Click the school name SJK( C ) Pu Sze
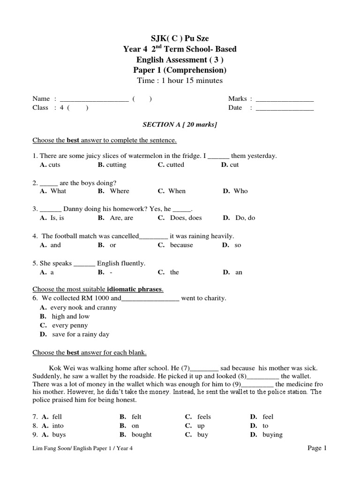click(180, 38)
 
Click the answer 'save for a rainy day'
click(81, 334)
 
